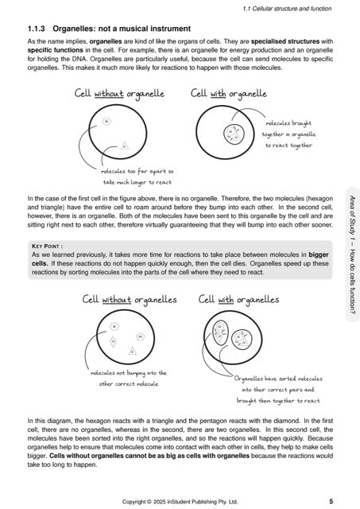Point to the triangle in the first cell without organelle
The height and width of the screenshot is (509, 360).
(x=125, y=146)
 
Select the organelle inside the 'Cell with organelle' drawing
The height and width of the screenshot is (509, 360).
(x=234, y=134)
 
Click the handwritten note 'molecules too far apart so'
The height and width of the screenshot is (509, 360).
(x=138, y=171)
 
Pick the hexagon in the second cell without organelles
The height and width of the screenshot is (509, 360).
(x=114, y=327)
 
